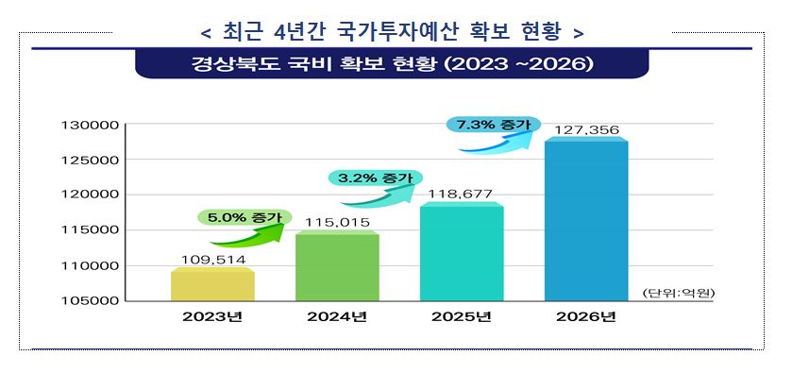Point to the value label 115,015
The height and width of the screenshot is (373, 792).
(x=336, y=221)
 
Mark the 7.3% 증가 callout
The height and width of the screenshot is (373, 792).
(x=492, y=125)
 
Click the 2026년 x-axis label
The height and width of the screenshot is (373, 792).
(x=586, y=316)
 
